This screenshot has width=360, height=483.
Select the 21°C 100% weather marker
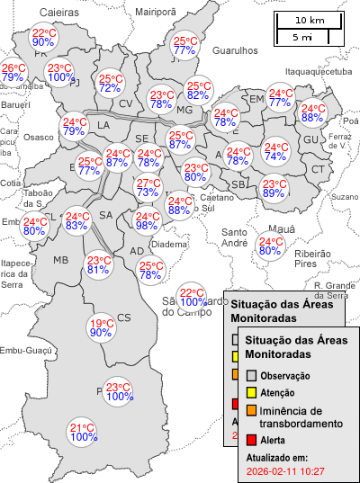click(x=83, y=432)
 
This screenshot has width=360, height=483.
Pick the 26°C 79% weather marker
click(x=13, y=73)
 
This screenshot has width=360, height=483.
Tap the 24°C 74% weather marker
click(x=275, y=151)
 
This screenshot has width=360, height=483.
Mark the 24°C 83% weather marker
click(x=76, y=220)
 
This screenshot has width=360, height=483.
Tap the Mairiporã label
click(x=156, y=12)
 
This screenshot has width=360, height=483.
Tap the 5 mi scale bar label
click(x=301, y=37)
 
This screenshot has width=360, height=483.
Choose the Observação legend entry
click(x=285, y=375)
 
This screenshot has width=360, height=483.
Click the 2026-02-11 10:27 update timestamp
click(x=285, y=470)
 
